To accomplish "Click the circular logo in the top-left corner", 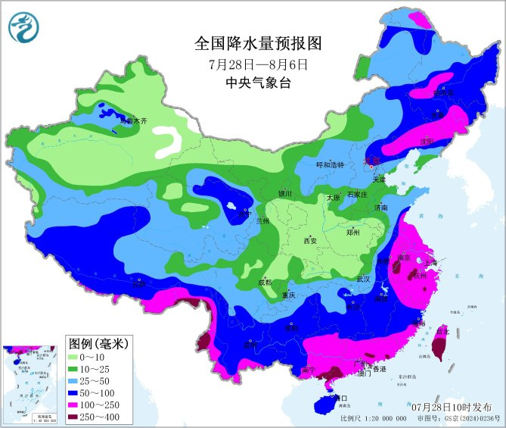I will click(x=23, y=28).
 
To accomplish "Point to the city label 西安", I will click(x=309, y=241).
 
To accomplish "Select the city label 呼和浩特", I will click(x=330, y=164).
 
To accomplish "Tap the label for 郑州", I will click(x=353, y=233).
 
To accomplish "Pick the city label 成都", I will click(x=265, y=283).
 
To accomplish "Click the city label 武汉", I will click(x=363, y=280).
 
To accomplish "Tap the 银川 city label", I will click(x=284, y=193).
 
